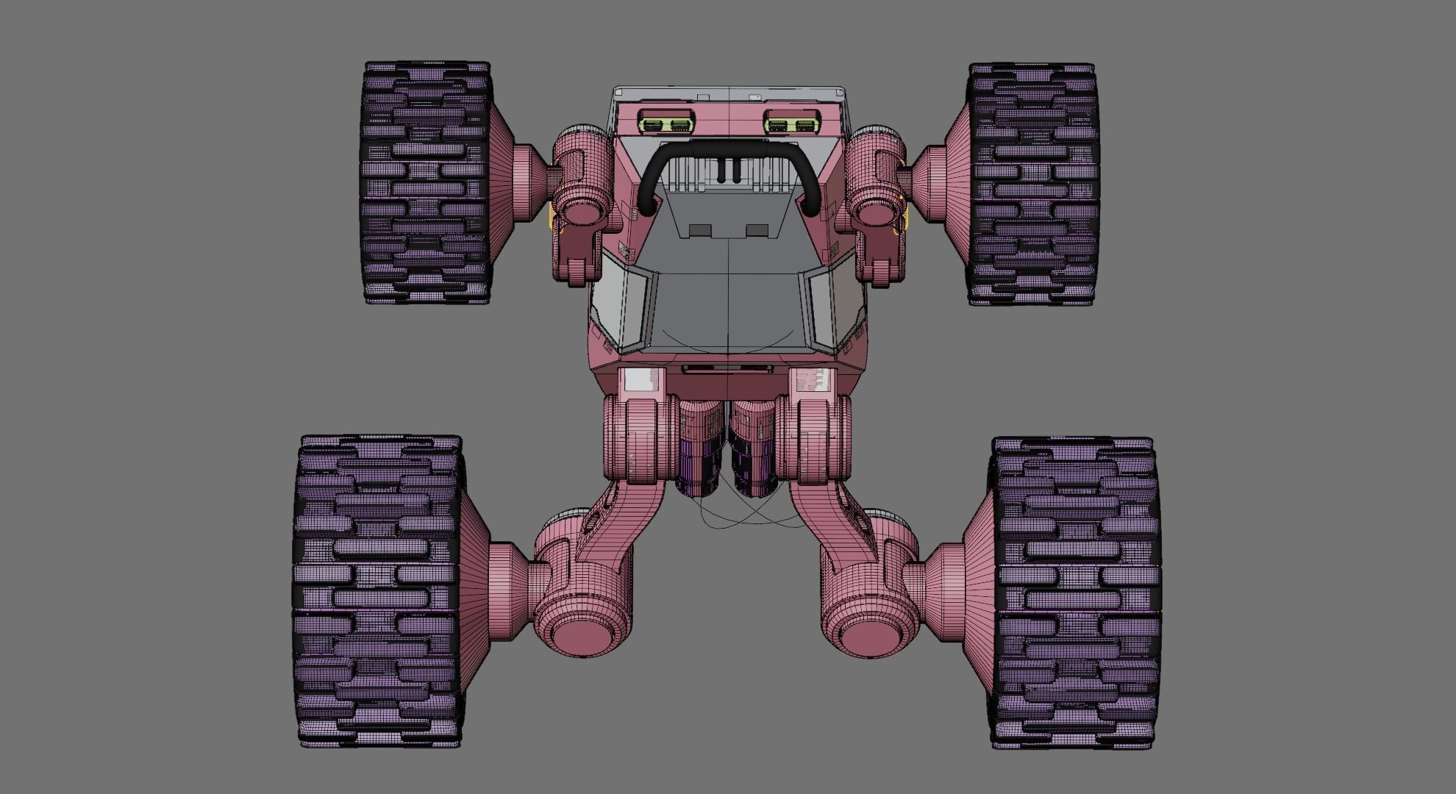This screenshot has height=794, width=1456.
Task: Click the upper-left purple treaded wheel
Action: coord(425,184)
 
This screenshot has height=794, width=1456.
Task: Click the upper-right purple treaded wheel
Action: coord(1033,184)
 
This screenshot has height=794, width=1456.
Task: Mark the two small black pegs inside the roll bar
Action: coord(727,170)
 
